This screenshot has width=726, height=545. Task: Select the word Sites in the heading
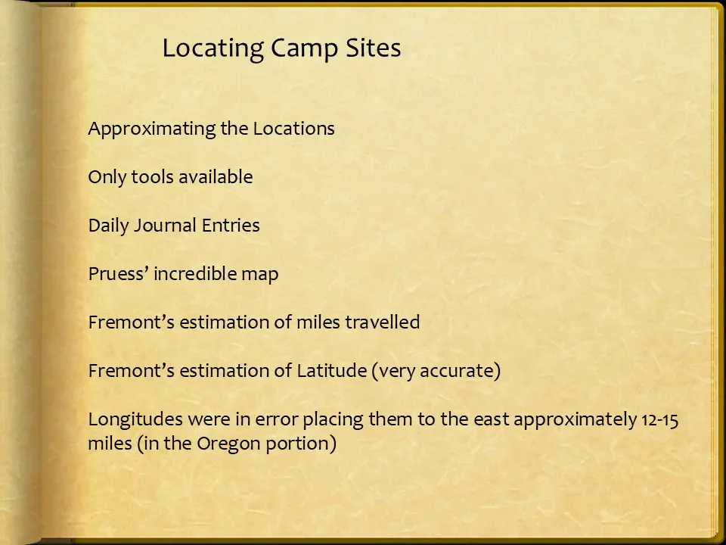click(374, 48)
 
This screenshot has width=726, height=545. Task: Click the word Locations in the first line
click(293, 129)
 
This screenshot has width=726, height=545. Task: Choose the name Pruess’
click(118, 274)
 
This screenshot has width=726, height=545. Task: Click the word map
click(260, 275)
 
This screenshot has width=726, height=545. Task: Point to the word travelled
click(383, 322)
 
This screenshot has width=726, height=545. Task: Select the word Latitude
click(331, 371)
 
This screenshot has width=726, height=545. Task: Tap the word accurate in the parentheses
click(462, 371)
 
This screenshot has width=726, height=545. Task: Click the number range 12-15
click(659, 419)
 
